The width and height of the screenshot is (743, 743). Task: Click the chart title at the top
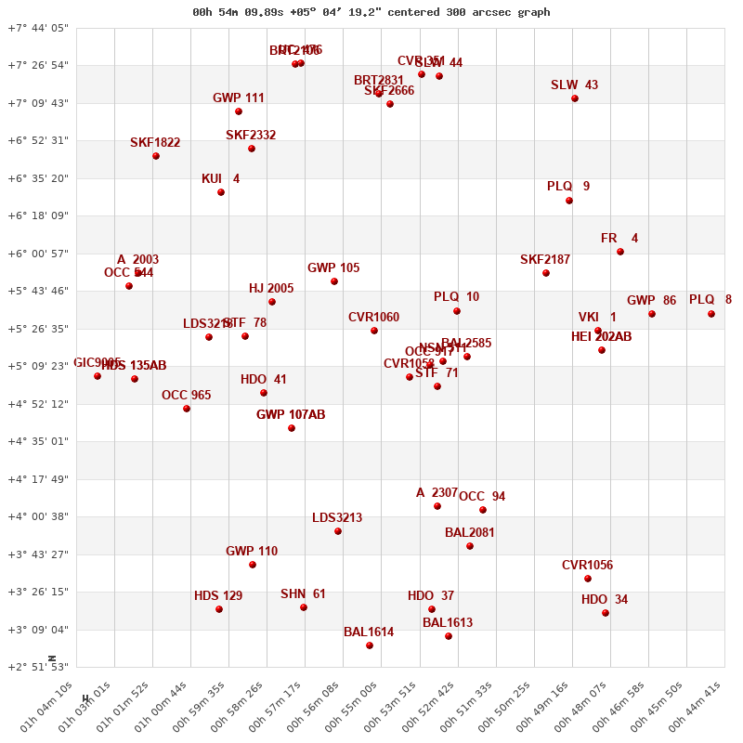[x=371, y=12]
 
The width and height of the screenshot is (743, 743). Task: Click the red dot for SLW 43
[x=575, y=98]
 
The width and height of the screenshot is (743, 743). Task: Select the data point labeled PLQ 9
[x=569, y=201]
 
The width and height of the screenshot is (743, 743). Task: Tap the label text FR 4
[x=619, y=239]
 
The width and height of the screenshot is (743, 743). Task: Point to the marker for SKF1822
[x=156, y=156]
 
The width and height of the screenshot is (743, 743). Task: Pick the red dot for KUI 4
[x=221, y=192]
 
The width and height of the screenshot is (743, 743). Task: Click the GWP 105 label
[x=333, y=268]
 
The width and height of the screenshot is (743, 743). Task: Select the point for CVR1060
[x=374, y=331]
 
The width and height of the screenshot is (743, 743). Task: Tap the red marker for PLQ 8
[x=711, y=314]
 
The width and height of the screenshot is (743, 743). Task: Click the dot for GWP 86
[x=652, y=314]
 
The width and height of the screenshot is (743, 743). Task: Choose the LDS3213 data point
[x=338, y=531]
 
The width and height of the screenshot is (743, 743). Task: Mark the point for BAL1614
[x=370, y=645]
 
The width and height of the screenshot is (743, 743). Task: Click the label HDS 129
[x=218, y=596]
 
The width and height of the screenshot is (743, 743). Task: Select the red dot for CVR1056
[x=588, y=579]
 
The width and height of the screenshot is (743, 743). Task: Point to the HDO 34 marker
[x=606, y=613]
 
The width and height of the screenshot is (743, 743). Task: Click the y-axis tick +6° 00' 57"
[x=38, y=254]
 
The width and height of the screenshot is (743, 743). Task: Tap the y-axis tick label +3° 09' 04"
[x=38, y=630]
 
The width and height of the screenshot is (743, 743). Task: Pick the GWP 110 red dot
[x=253, y=565]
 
